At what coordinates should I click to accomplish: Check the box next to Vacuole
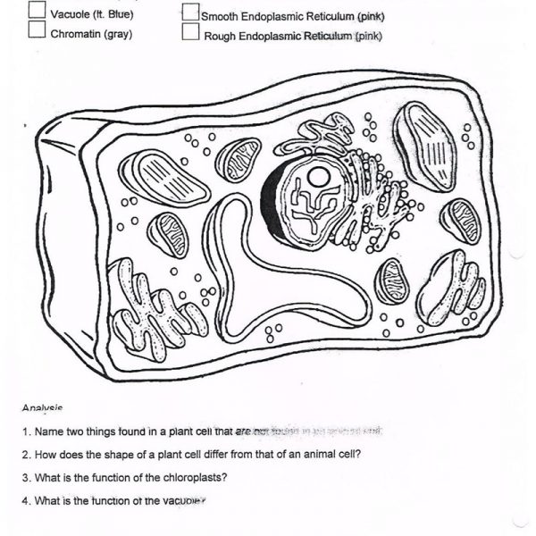pos(37,11)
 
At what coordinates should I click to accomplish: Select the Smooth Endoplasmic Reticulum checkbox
pos(190,13)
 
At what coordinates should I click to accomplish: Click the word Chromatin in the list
pos(75,34)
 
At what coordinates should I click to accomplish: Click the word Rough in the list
pos(220,37)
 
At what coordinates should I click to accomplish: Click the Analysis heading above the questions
pos(42,408)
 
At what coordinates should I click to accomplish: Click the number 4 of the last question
pos(26,500)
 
